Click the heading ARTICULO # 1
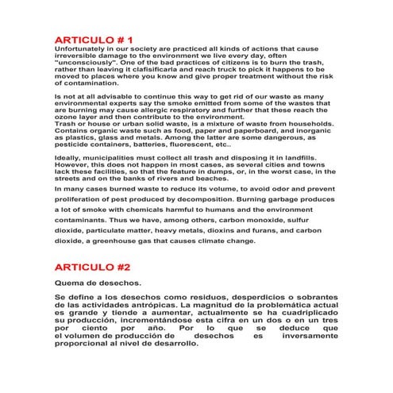[93, 39]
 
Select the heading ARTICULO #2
[91, 268]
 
